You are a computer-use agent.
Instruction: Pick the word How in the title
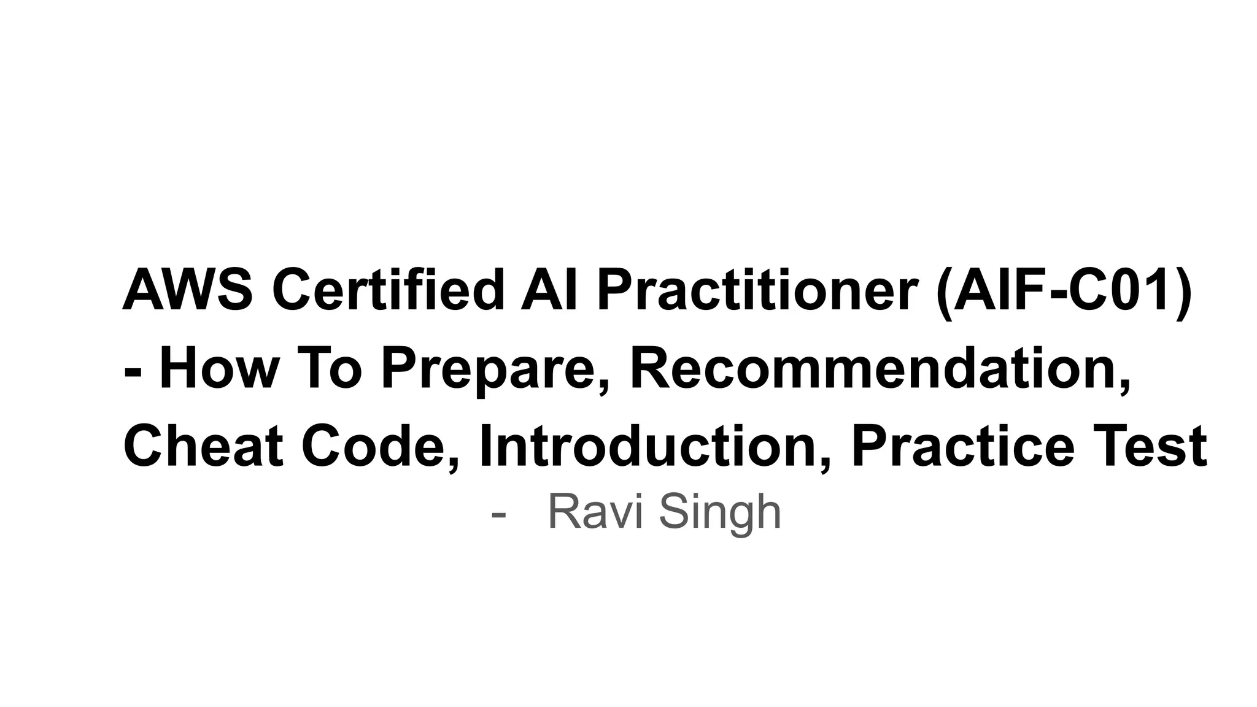pos(219,368)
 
